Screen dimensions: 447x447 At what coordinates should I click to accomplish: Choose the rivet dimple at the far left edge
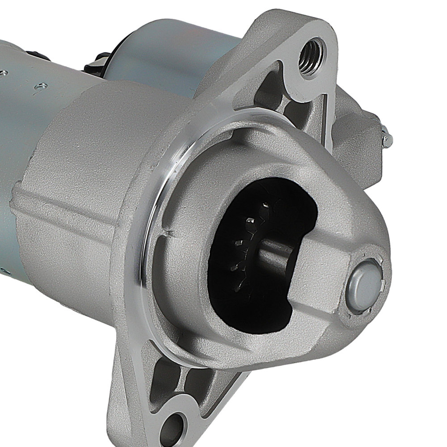(x=4, y=72)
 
